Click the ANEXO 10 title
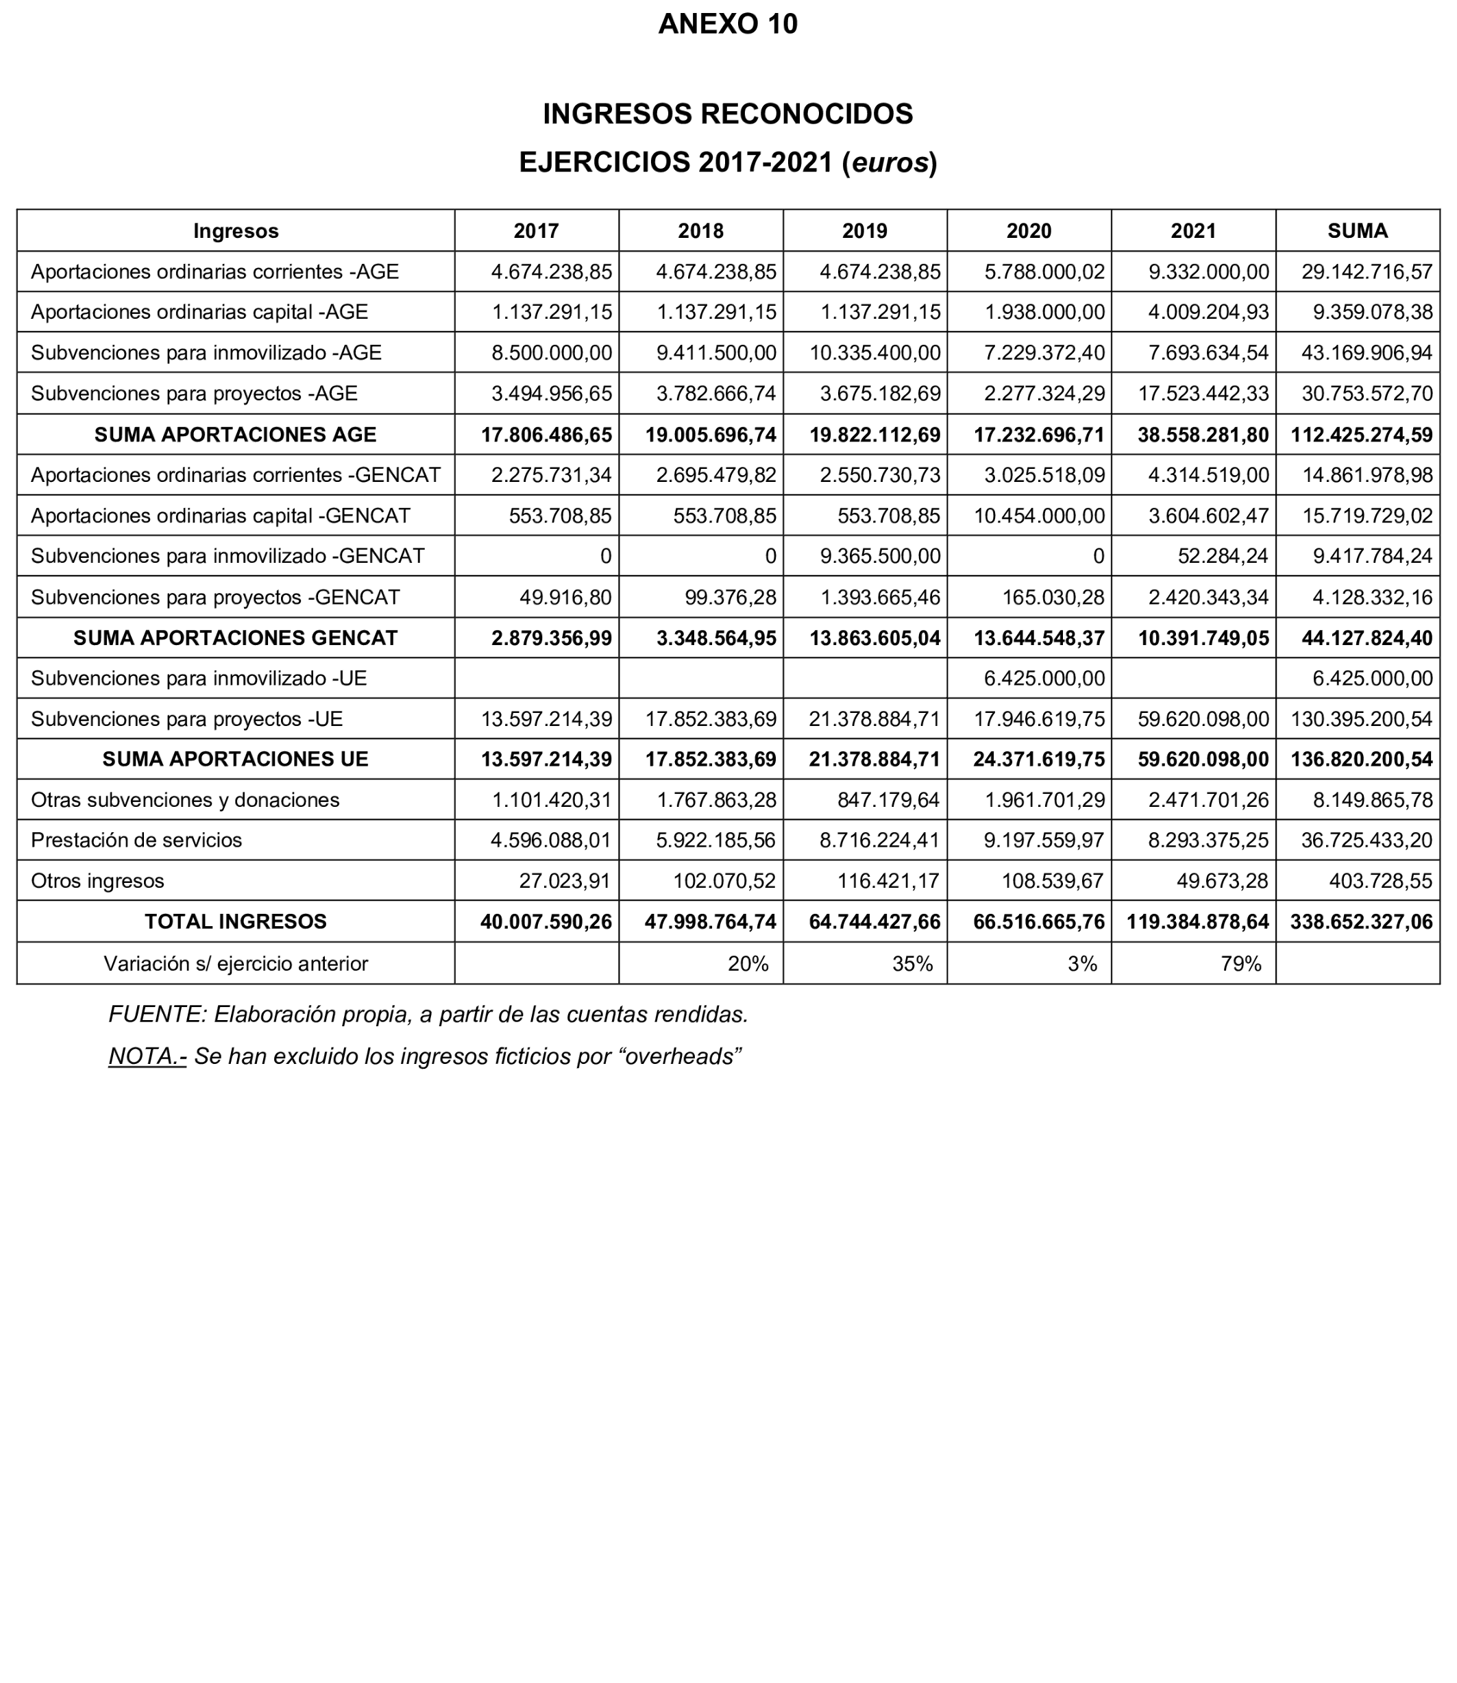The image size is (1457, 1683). point(728,25)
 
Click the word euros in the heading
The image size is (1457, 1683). point(890,162)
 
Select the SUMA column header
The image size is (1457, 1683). point(1357,231)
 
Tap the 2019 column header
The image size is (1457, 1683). point(864,231)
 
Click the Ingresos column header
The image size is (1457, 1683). point(236,231)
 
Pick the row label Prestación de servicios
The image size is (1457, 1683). point(136,840)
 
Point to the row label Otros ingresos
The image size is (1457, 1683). point(97,881)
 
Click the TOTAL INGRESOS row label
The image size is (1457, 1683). point(236,921)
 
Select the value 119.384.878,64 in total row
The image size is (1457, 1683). point(1198,921)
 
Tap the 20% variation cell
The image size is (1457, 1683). point(748,964)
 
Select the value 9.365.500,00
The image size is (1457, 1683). point(880,557)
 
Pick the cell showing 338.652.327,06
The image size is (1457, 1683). point(1361,921)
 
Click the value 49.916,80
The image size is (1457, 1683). point(565,598)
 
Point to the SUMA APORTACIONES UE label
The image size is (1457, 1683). point(236,759)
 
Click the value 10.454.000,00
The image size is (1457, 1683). point(1039,516)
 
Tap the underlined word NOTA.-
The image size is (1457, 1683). point(147,1056)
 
